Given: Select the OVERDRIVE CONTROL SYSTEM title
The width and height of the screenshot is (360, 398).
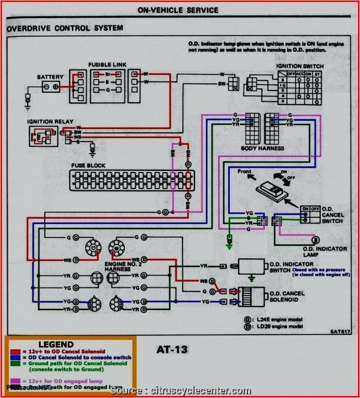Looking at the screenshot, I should coord(65,28).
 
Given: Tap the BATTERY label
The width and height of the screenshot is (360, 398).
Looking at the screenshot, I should coord(50,77).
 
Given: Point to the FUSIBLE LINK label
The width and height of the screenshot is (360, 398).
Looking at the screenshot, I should coord(107,65).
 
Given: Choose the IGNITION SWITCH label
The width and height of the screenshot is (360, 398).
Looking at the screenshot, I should coord(300,66).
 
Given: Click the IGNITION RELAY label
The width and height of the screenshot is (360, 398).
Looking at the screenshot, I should coord(50,122).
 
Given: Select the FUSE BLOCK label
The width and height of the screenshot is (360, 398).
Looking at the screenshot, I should coord(88,166).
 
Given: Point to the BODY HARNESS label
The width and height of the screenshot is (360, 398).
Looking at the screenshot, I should coord(262,148).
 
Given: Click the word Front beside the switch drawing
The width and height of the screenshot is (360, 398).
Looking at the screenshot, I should coord(245,171).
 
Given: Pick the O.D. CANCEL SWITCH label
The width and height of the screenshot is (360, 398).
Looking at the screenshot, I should coord(333,215).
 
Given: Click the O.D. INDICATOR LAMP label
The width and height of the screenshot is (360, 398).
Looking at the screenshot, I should coord(325,251).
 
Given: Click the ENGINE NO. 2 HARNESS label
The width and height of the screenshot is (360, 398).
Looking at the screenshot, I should coord(117,267).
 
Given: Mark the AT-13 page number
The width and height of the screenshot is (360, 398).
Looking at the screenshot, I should coord(171,350).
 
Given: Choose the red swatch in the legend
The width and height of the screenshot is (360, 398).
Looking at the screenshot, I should coord(15,352).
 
